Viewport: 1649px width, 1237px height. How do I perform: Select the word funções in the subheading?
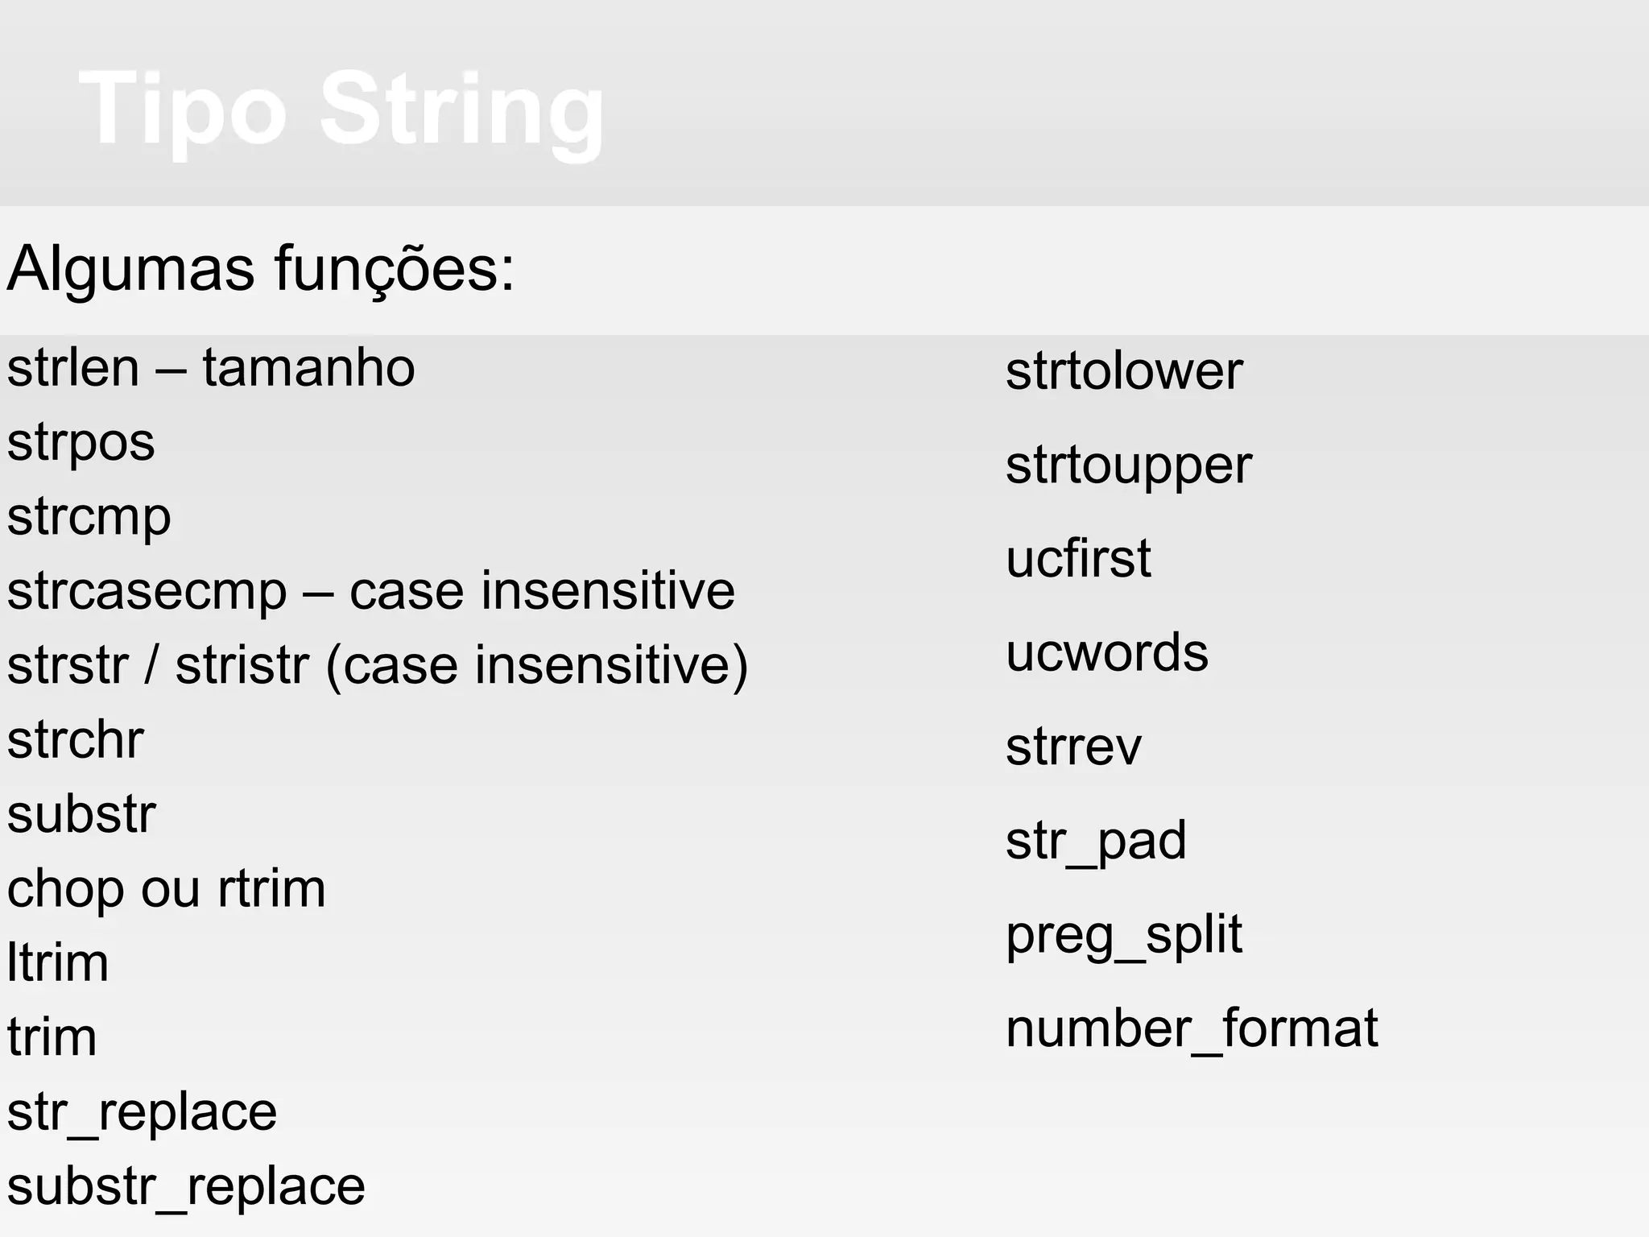coord(394,268)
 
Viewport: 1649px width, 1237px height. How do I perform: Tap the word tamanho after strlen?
coord(308,368)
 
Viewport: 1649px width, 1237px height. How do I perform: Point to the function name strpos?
coord(81,444)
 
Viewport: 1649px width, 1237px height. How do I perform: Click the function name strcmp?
coord(89,518)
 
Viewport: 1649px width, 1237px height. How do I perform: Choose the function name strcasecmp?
coord(147,591)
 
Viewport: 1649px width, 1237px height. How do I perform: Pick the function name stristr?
coord(242,665)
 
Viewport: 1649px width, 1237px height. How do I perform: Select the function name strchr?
coord(75,739)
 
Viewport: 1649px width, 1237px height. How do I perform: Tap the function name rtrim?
coord(271,888)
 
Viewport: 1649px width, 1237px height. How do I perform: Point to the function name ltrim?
coord(57,962)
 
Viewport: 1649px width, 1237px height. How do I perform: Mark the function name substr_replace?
coord(186,1187)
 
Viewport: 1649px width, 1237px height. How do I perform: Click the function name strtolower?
coord(1124,371)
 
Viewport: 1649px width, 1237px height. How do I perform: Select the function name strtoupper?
coord(1129,466)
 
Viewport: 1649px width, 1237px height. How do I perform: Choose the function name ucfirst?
coord(1078,558)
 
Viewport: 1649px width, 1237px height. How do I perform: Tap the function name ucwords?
coord(1107,652)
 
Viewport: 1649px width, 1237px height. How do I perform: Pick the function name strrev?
coord(1073,747)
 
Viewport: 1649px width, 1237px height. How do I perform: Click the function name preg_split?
coord(1124,936)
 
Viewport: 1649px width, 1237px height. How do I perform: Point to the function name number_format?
coord(1192,1029)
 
